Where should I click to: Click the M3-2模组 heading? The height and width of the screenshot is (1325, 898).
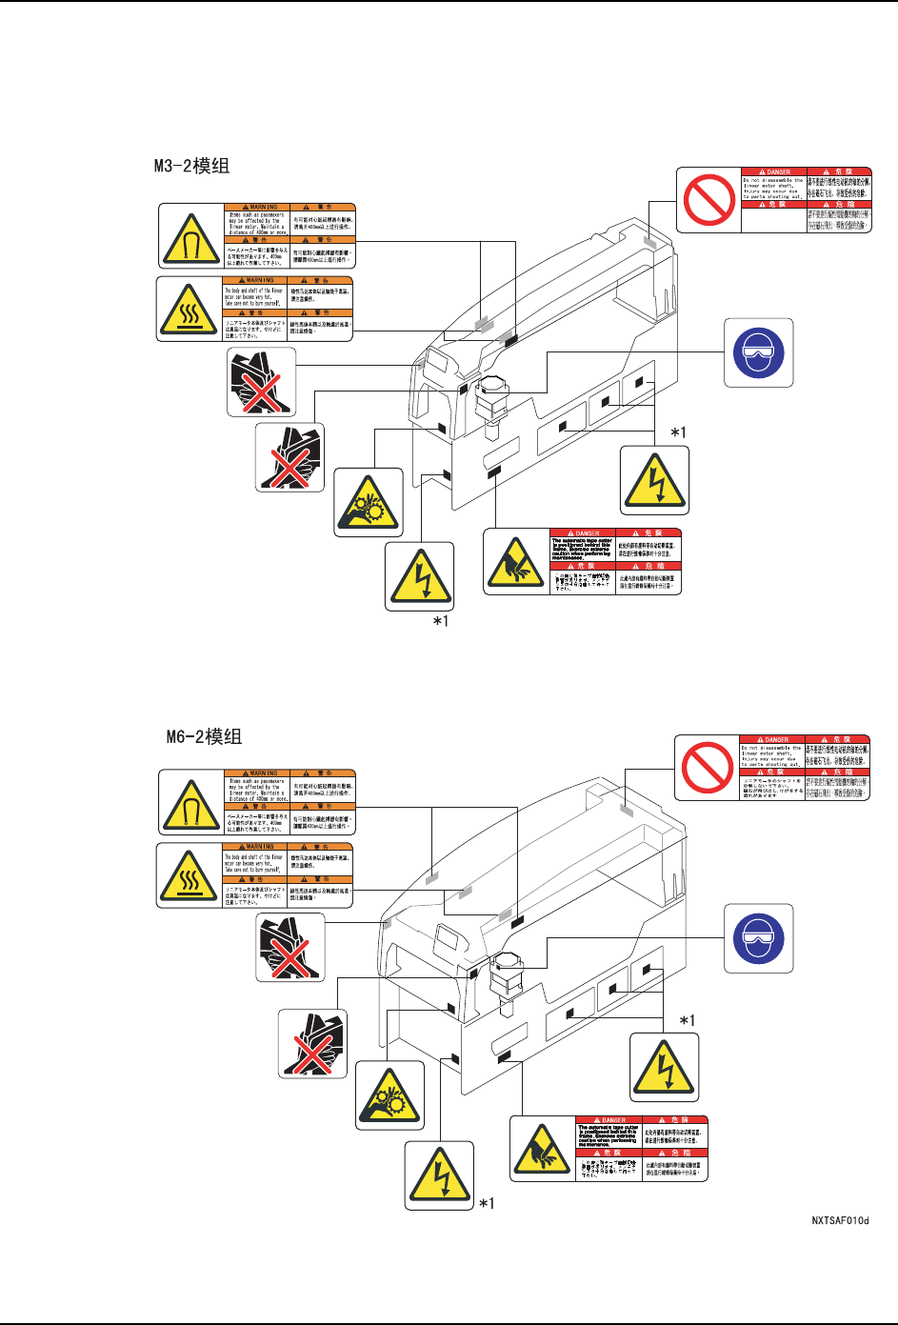[191, 167]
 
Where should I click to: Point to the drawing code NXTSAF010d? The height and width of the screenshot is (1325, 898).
[840, 1220]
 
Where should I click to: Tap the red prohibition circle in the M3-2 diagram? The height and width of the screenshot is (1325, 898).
[708, 200]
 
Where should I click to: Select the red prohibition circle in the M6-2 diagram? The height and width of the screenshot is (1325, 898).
[708, 768]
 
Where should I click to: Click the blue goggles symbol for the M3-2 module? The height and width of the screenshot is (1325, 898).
[758, 352]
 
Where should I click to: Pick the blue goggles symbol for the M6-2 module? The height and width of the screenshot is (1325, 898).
[758, 938]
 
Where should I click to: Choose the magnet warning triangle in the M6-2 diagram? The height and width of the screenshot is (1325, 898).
[190, 803]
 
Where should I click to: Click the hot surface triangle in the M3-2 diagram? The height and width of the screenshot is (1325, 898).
[190, 309]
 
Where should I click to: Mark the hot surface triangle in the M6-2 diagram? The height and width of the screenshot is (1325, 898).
[190, 875]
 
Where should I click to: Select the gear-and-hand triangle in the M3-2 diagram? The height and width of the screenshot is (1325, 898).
[368, 502]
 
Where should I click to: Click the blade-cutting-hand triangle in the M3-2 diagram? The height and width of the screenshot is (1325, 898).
[515, 561]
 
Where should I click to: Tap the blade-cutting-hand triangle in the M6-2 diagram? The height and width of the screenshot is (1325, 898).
[542, 1149]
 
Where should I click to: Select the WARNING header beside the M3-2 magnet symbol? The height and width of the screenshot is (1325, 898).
[256, 207]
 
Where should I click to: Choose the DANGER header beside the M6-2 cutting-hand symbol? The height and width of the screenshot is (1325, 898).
[609, 1120]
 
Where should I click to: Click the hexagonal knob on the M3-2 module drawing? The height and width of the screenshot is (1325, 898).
[493, 387]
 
